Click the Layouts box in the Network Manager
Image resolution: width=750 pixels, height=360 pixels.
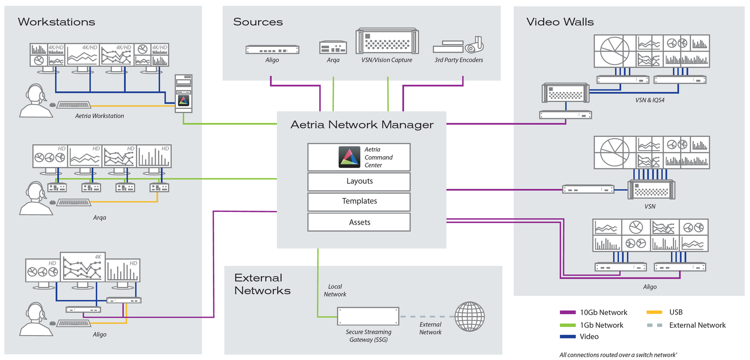[x=359, y=181]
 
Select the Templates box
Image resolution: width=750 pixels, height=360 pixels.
[x=359, y=202]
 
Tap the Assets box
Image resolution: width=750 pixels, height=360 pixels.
[x=359, y=222]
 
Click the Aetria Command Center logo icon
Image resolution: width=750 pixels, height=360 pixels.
[x=349, y=157]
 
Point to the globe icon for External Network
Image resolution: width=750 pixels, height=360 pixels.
[x=469, y=317]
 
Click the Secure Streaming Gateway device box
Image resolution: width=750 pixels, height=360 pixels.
[x=368, y=316]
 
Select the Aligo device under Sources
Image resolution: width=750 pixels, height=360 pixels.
[x=272, y=50]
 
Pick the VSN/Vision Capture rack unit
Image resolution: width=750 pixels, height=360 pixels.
[x=387, y=42]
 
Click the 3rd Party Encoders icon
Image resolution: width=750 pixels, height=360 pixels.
[x=458, y=46]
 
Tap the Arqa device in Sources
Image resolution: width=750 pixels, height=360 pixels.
[x=333, y=48]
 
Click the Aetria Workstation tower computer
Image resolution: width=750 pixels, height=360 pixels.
[x=183, y=93]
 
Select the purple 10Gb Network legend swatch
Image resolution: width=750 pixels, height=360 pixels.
[x=567, y=313]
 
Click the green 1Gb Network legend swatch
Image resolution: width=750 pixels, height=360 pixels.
[x=567, y=325]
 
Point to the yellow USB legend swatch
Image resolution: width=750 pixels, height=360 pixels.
[x=654, y=312]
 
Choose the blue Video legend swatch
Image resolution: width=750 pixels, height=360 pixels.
[x=567, y=337]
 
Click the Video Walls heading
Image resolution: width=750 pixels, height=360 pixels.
[x=560, y=22]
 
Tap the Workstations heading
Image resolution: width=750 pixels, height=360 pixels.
[x=56, y=22]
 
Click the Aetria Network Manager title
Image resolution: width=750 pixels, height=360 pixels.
[x=362, y=125]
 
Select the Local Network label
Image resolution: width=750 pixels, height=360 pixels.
[x=335, y=291]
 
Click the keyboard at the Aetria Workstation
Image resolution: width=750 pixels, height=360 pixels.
[x=74, y=105]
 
